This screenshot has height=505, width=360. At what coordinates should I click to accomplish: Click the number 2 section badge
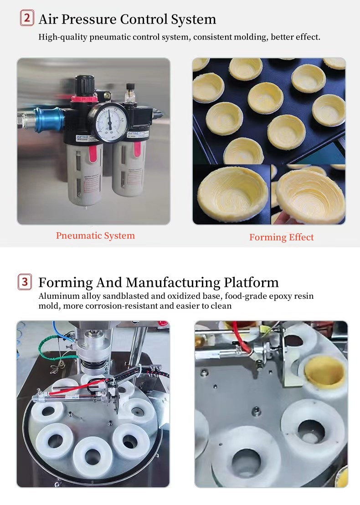pyautogui.click(x=27, y=19)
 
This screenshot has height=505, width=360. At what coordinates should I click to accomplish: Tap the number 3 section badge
pyautogui.click(x=25, y=282)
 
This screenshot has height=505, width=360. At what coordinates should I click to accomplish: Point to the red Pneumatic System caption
pyautogui.click(x=95, y=235)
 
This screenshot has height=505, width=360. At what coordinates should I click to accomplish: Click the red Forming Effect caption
pyautogui.click(x=281, y=237)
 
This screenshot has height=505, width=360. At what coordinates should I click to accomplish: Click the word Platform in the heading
pyautogui.click(x=252, y=282)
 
